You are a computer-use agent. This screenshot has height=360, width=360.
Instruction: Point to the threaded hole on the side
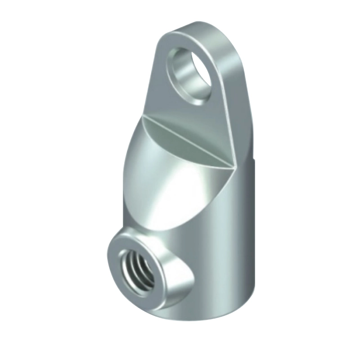click(137, 270)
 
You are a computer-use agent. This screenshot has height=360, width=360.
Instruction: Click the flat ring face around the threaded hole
click(120, 245)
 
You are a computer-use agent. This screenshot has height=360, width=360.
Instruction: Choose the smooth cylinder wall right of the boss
click(225, 252)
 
